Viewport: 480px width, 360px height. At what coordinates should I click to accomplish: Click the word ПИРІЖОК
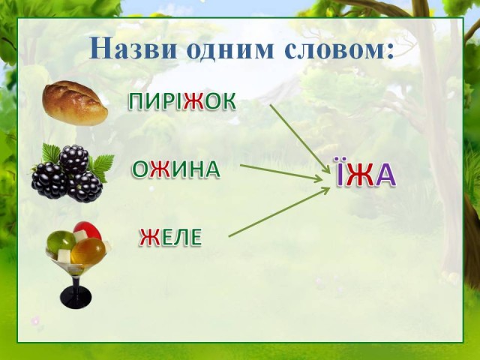tap(181, 101)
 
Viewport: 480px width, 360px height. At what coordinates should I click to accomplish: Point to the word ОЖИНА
tap(176, 169)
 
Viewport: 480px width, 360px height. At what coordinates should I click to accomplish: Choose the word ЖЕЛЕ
tap(170, 237)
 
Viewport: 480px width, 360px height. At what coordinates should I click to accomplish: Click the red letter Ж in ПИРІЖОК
tap(193, 101)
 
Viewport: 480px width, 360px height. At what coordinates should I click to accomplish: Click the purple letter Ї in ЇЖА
tap(341, 172)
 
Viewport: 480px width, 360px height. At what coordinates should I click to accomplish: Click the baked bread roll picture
tap(75, 103)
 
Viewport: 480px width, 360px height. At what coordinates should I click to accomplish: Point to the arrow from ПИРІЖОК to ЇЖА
tap(300, 139)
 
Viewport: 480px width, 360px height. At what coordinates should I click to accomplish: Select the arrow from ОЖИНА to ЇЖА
tap(281, 173)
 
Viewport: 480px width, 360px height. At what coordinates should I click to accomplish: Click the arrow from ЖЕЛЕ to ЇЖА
tap(279, 212)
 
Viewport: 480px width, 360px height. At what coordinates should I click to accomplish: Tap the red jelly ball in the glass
tap(87, 230)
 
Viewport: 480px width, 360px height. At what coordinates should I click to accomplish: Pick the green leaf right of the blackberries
tap(103, 166)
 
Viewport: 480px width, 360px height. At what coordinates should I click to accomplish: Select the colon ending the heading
tap(388, 51)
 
